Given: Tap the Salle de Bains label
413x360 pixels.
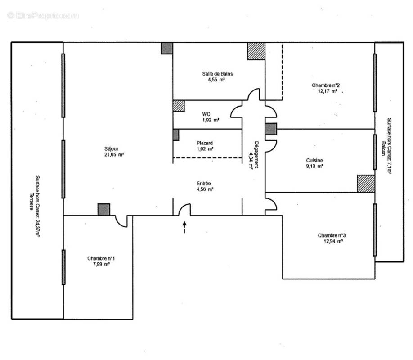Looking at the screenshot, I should pyautogui.click(x=217, y=74).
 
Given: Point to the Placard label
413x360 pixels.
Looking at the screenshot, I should pyautogui.click(x=204, y=143).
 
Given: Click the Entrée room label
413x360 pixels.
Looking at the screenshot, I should pyautogui.click(x=204, y=183).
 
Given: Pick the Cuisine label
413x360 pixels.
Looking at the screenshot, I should pyautogui.click(x=314, y=160).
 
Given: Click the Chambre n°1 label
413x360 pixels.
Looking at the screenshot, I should pyautogui.click(x=101, y=258).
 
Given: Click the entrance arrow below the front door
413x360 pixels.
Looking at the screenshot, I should pyautogui.click(x=184, y=227).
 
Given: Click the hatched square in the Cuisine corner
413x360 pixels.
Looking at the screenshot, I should pyautogui.click(x=366, y=184).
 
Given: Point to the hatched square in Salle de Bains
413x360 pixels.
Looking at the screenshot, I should pyautogui.click(x=256, y=51).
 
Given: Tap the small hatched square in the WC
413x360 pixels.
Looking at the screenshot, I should pyautogui.click(x=179, y=106).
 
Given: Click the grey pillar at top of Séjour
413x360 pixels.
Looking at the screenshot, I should pyautogui.click(x=167, y=49).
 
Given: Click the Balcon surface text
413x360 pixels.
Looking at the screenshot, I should pyautogui.click(x=386, y=146).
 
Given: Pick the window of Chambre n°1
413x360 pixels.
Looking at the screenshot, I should pyautogui.click(x=63, y=267).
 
